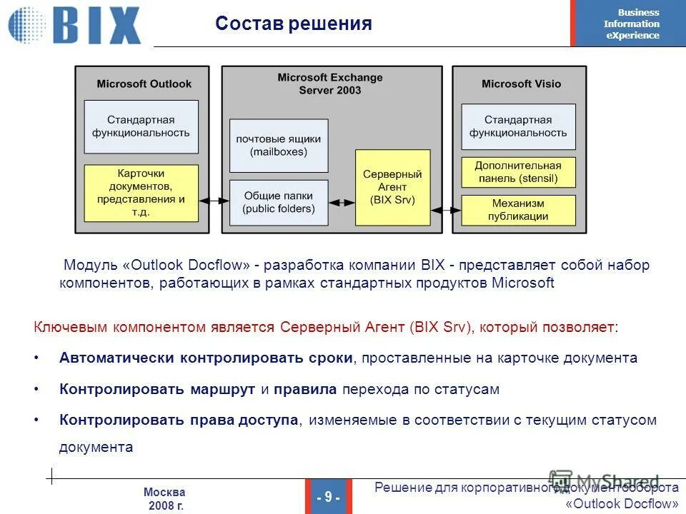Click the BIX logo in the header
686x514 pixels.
(x=75, y=25)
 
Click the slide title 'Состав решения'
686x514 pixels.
(x=294, y=24)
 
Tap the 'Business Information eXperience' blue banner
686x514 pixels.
(x=629, y=24)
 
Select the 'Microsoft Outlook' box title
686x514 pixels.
(x=144, y=84)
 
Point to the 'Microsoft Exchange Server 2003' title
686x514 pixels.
(x=330, y=84)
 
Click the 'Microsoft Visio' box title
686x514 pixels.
(x=521, y=84)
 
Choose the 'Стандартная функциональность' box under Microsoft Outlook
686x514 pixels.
(x=141, y=126)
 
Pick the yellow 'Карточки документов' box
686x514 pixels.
(x=141, y=193)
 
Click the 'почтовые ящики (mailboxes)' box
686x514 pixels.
(x=279, y=146)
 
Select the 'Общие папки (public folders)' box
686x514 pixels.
(x=279, y=203)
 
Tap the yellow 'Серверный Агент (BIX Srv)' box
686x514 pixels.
(x=392, y=188)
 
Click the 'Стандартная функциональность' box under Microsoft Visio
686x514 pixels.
(x=518, y=126)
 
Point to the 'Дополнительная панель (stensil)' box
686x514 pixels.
(x=518, y=172)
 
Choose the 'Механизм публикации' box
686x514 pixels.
(x=518, y=210)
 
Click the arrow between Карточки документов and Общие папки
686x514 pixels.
(x=214, y=202)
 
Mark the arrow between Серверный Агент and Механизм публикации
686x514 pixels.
(x=446, y=210)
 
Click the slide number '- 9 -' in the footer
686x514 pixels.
(x=328, y=497)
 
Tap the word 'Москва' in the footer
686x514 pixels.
(x=164, y=492)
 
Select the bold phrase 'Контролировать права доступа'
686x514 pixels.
(x=179, y=420)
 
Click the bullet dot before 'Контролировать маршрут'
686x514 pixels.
(x=36, y=390)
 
